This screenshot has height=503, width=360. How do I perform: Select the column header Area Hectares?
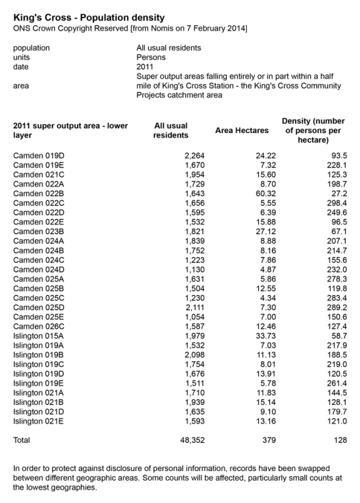tap(242, 131)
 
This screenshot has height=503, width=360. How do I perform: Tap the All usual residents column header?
tap(171, 131)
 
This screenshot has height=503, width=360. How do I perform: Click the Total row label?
tap(22, 441)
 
